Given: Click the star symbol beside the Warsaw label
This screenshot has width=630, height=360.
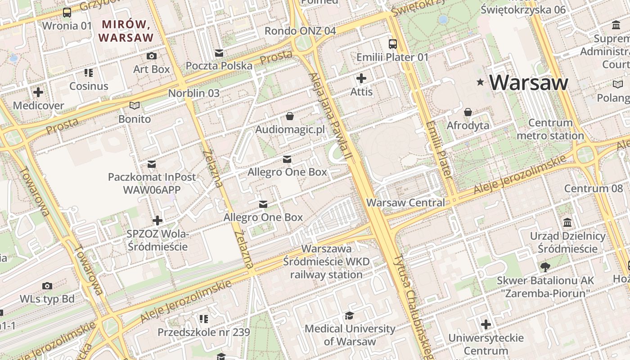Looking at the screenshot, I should (481, 82).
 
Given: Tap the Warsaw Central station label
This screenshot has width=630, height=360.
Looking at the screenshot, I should (405, 202).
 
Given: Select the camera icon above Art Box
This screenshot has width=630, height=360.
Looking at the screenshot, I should (152, 56).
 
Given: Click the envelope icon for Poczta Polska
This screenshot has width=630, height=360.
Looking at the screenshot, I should (219, 53).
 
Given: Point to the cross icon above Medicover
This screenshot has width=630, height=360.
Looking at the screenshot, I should (38, 92).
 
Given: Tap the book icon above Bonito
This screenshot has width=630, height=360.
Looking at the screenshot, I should (134, 106).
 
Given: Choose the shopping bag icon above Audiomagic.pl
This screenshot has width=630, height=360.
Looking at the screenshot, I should (290, 117).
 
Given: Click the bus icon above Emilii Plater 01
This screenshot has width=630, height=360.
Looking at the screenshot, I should (392, 44).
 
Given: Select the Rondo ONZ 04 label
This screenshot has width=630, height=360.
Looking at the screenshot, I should (300, 31).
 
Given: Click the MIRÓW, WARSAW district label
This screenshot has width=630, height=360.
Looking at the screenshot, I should (126, 31).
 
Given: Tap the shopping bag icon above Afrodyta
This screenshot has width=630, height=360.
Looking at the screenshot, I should (468, 112).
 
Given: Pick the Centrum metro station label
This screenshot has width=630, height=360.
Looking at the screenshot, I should (550, 129).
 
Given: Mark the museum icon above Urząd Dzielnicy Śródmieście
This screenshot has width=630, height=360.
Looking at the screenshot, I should (567, 223).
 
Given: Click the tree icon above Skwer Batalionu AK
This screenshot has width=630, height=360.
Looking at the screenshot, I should (545, 267).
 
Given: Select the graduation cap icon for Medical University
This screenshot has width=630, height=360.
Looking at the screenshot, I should (349, 315).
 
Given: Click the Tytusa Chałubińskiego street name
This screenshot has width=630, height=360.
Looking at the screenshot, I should (413, 306).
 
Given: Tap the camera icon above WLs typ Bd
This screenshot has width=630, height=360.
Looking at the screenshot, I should (47, 286).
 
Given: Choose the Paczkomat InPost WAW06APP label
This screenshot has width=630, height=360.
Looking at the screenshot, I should (152, 183).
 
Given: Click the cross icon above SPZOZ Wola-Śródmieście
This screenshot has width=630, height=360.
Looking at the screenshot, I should (157, 220).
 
